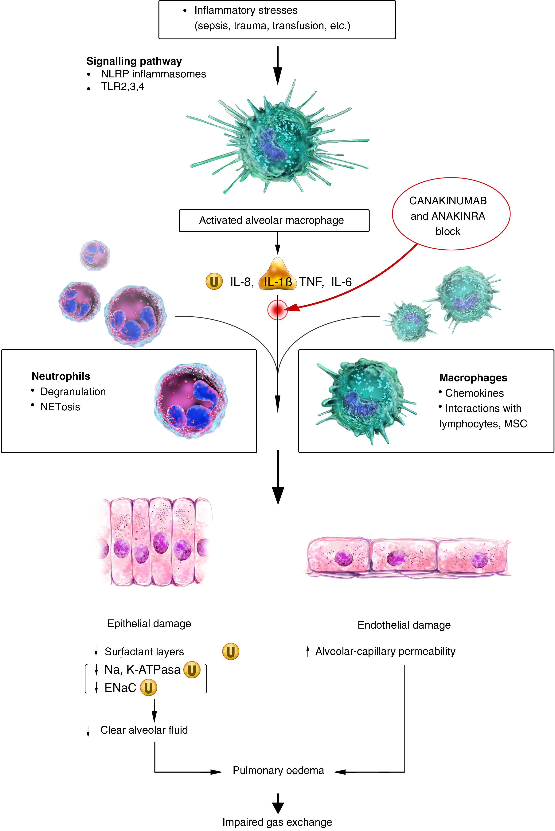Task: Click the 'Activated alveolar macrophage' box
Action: [x=274, y=220]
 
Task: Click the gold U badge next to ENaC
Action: [x=148, y=688]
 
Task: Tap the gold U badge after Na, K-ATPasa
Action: [x=192, y=670]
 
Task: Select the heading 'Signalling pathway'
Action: [x=134, y=61]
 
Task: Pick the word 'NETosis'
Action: [x=60, y=407]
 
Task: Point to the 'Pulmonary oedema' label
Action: [x=278, y=771]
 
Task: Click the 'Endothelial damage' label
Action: [x=404, y=625]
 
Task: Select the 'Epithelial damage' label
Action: [x=149, y=624]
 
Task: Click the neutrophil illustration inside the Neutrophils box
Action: [x=191, y=401]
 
